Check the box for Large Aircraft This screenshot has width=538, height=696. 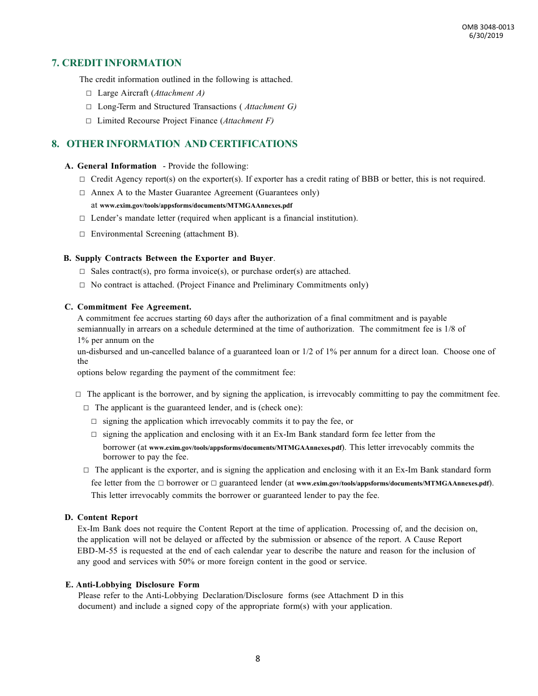pyautogui.click(x=88, y=93)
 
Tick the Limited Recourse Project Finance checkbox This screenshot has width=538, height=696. pyautogui.click(x=88, y=121)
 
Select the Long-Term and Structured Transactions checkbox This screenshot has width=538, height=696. pyautogui.click(x=88, y=106)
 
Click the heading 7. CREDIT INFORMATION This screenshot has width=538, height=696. pyautogui.click(x=117, y=63)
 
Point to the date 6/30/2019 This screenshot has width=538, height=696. pyautogui.click(x=486, y=36)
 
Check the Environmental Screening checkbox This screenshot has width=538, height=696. pyautogui.click(x=82, y=234)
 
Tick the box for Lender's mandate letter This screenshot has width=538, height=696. pyautogui.click(x=82, y=218)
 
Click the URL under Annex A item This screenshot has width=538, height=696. pyautogui.click(x=196, y=205)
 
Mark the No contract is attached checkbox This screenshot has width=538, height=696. pyautogui.click(x=82, y=285)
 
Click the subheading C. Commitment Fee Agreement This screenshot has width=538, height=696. pyautogui.click(x=127, y=307)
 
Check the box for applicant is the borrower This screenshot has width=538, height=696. pyautogui.click(x=78, y=394)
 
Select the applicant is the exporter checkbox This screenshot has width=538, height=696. pyautogui.click(x=86, y=470)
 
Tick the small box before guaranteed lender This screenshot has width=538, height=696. pyautogui.click(x=214, y=483)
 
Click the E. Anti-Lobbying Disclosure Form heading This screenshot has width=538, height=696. pyautogui.click(x=133, y=585)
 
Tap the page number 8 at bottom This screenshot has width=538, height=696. pyautogui.click(x=258, y=658)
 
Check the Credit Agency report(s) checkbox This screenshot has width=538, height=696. pyautogui.click(x=82, y=179)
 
